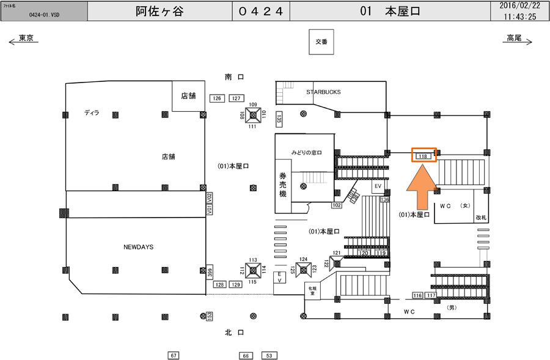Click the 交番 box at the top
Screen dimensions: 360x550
click(x=321, y=42)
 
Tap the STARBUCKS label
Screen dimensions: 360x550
click(x=323, y=92)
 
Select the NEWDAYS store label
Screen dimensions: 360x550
click(x=138, y=247)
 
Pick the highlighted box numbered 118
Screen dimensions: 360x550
click(x=423, y=156)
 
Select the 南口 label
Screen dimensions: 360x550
click(x=235, y=77)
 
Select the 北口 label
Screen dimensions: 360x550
click(x=235, y=332)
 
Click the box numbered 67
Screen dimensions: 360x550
click(x=174, y=355)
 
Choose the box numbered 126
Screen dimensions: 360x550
click(x=216, y=98)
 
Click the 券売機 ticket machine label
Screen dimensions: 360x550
click(x=283, y=182)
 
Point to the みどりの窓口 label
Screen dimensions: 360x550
click(x=306, y=152)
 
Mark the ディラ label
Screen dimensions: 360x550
click(x=92, y=112)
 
